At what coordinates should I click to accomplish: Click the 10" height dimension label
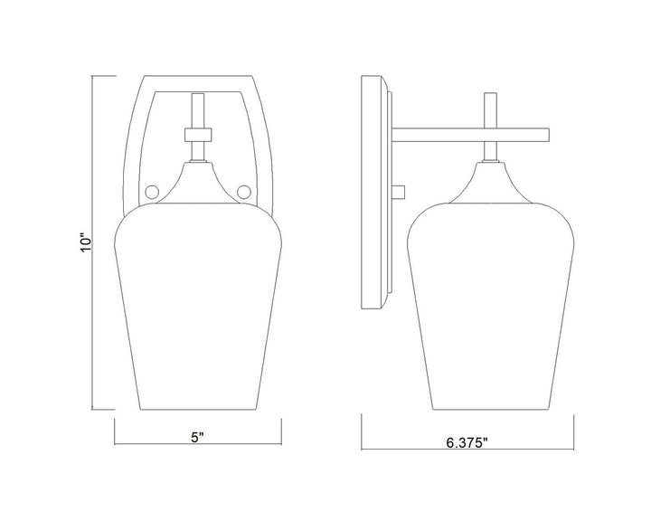(x=85, y=243)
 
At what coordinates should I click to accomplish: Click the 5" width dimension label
(x=198, y=437)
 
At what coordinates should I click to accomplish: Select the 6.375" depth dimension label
(x=467, y=443)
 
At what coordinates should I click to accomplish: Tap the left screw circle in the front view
(x=151, y=192)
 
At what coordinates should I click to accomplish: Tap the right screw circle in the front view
(x=244, y=192)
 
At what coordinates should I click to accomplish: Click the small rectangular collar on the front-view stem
(x=198, y=135)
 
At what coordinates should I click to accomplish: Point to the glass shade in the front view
(x=198, y=307)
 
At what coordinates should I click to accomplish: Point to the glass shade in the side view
(x=491, y=307)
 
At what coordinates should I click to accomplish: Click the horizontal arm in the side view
(x=471, y=136)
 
